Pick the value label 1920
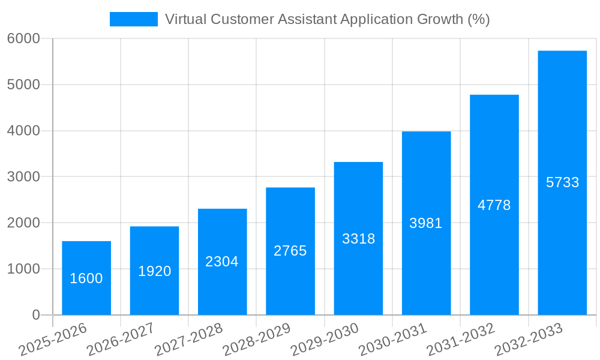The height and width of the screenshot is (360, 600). pos(154,271)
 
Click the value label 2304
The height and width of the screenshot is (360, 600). pos(222,262)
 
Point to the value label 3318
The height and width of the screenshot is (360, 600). pos(358,239)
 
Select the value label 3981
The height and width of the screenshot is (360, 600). pos(426,223)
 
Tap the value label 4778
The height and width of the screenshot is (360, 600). pos(494,205)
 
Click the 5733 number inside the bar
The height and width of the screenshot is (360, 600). pos(562,182)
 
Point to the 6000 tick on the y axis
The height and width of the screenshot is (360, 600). pos(23,38)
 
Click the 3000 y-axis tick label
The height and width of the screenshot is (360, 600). pos(23,177)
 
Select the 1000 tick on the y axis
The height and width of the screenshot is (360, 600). pos(23,269)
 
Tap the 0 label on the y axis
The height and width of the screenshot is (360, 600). pos(35,315)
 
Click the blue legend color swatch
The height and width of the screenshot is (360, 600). pos(133,19)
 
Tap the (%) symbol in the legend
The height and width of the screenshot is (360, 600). pos(479,19)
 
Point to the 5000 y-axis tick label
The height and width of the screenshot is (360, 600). pos(23,85)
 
